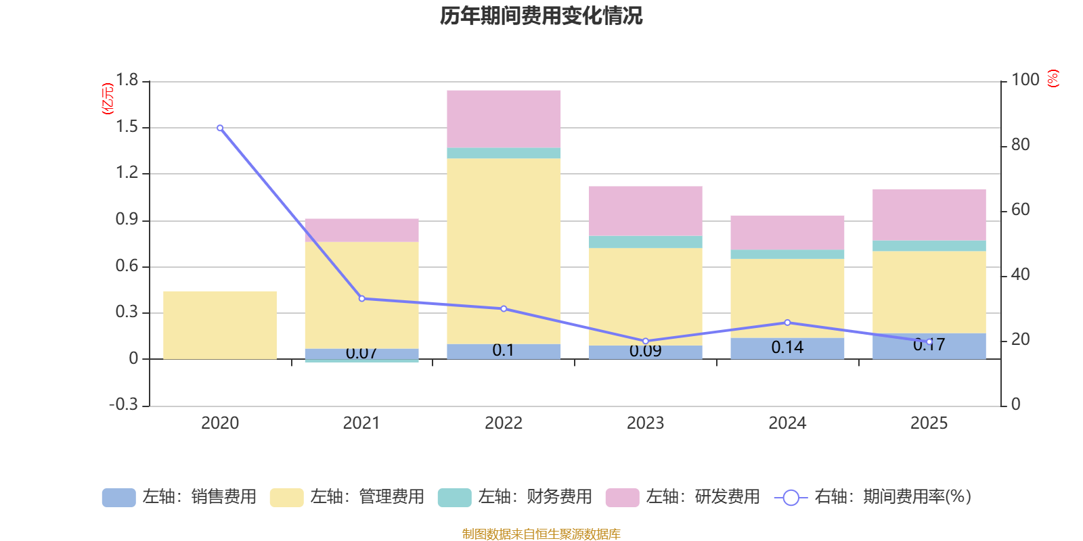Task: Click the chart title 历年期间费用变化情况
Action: (x=541, y=16)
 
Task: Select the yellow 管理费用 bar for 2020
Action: (x=220, y=325)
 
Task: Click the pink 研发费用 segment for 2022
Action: (x=504, y=118)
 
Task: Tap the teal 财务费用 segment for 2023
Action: (x=645, y=242)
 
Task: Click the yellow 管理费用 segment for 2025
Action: (x=929, y=291)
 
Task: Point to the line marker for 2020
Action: (x=220, y=128)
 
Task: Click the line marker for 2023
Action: (x=645, y=342)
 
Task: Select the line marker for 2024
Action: (x=787, y=323)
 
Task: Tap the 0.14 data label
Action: (x=787, y=348)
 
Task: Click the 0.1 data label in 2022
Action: (x=503, y=350)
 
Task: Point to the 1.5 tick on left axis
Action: (x=127, y=127)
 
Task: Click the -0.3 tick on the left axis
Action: (x=123, y=404)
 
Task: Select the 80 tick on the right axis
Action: (x=1020, y=145)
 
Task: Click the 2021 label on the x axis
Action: (x=361, y=423)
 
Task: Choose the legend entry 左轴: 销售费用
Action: (x=180, y=497)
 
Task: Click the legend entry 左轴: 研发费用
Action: (x=684, y=497)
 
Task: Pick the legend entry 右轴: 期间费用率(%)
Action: (x=873, y=497)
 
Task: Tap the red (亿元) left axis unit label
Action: (x=107, y=99)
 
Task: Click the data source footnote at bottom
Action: (x=541, y=534)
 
